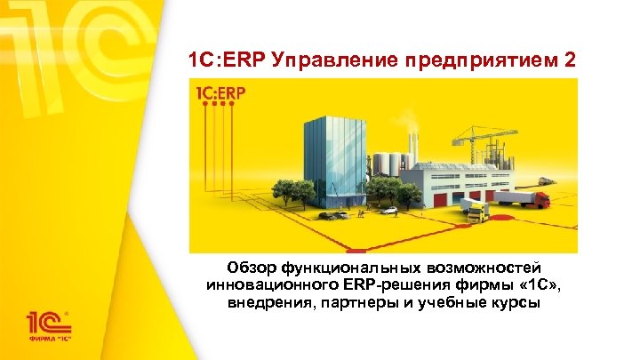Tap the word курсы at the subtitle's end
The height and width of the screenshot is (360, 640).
coord(512,302)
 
